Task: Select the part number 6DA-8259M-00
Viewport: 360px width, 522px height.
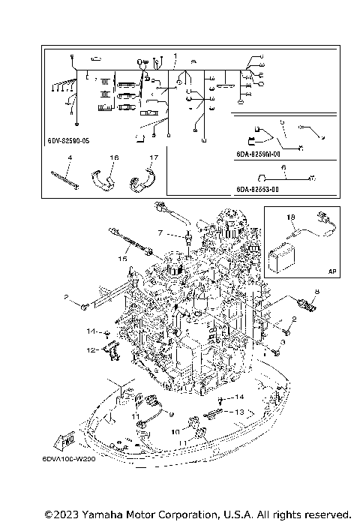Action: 259,153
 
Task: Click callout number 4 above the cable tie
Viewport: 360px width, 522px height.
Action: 68,157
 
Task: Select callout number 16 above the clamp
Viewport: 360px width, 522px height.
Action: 114,157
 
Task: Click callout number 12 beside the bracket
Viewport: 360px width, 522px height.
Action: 89,349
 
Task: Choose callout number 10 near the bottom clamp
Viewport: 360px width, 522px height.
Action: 175,432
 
